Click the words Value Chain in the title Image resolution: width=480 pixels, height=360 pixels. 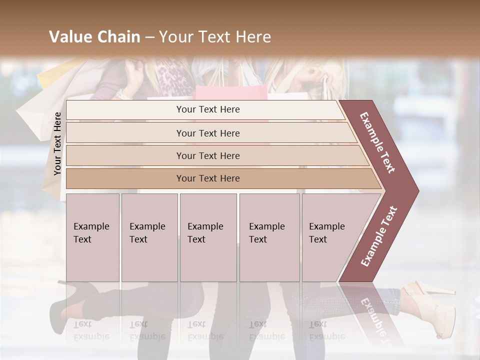[x=94, y=37]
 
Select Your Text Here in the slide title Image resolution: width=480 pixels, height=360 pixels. [x=215, y=37]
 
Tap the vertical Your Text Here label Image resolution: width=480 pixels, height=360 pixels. [x=57, y=143]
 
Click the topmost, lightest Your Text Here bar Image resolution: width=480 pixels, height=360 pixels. [x=207, y=109]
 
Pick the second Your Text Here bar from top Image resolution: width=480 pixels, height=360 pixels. [x=207, y=133]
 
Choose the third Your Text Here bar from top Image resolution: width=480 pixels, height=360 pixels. [x=207, y=155]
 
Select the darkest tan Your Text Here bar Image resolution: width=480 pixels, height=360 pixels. [x=207, y=178]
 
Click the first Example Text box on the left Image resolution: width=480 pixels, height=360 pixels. [x=92, y=237]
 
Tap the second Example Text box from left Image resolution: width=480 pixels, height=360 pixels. [x=149, y=237]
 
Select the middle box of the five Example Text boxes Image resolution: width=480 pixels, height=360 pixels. [x=208, y=237]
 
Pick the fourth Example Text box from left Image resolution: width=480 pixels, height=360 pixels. [x=269, y=237]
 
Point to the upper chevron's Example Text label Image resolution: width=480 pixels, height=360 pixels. [x=378, y=142]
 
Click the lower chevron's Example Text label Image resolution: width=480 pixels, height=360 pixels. [x=379, y=236]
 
